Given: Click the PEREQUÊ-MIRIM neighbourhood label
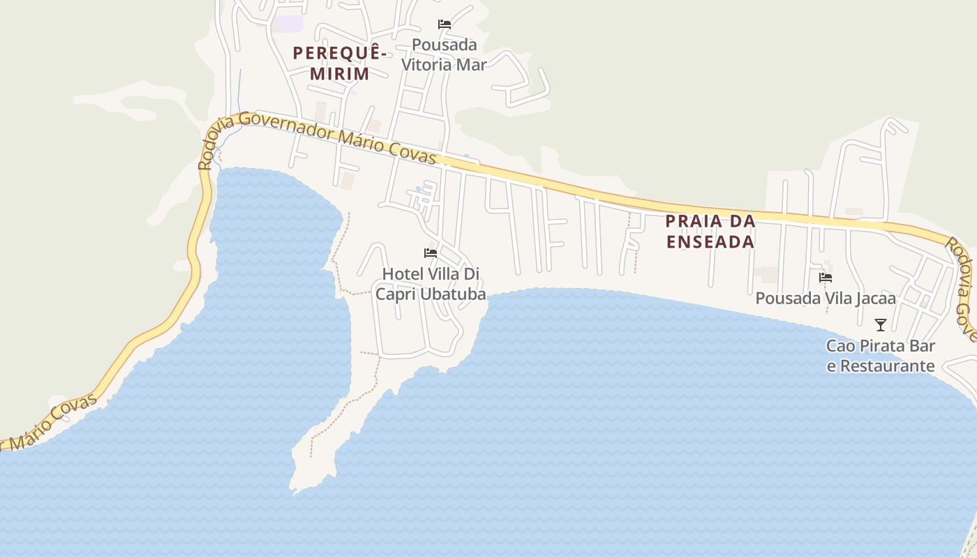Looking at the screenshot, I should [340, 63].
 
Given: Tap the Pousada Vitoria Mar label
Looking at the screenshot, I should [444, 54].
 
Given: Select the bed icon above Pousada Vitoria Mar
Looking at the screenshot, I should [445, 24].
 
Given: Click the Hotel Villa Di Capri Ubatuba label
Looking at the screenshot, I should [431, 284].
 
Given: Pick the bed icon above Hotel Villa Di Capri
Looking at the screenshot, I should [431, 252].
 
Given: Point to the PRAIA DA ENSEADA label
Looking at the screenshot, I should [710, 232].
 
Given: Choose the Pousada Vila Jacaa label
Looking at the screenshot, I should [826, 299].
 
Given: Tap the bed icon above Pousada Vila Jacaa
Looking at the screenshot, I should [826, 278].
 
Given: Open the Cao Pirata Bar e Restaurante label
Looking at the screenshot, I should [881, 356].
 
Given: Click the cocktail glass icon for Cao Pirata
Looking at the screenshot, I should [881, 325].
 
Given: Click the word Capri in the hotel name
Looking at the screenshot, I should [396, 294].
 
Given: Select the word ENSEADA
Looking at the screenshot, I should [710, 242].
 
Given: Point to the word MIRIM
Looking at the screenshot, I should [340, 73].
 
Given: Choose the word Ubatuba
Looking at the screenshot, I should [453, 294].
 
